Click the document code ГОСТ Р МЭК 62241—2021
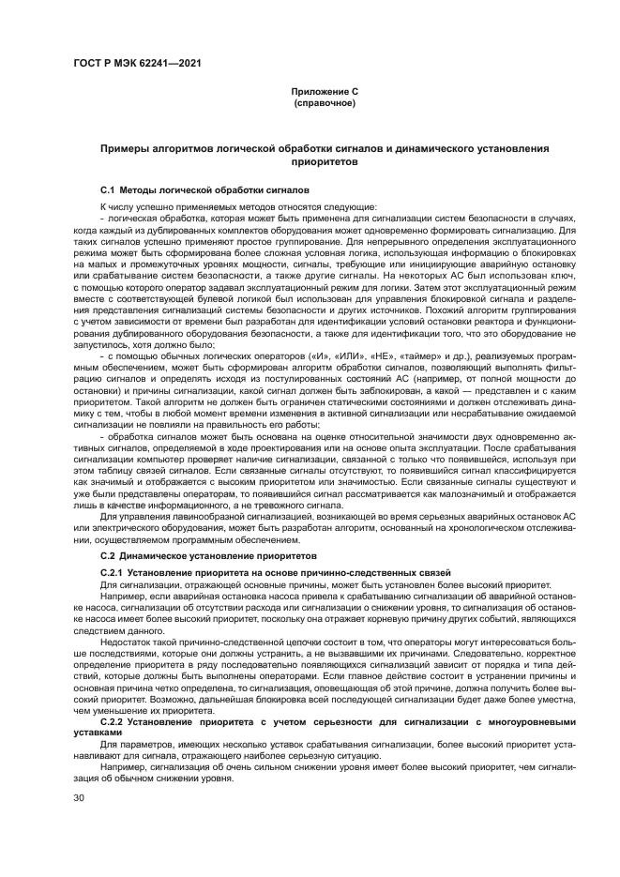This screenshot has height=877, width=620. click(137, 65)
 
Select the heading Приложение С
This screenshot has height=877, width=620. click(324, 92)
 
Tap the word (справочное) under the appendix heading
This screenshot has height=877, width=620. click(324, 102)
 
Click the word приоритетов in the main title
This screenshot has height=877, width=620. click(324, 160)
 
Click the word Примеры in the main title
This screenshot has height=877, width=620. click(125, 150)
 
